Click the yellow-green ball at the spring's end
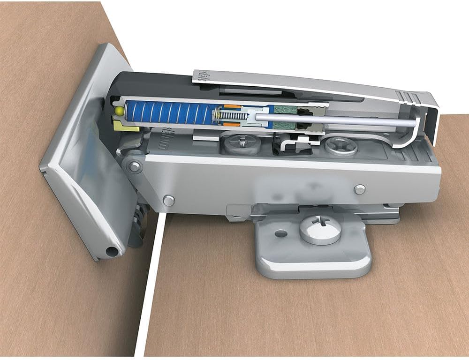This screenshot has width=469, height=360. coord(119,112)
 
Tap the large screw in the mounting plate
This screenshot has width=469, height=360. coord(321,228)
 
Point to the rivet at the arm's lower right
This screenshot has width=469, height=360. coord(360,189)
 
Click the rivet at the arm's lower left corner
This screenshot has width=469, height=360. coord(168,201)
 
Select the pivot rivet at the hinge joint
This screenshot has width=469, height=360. coord(135,165)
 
